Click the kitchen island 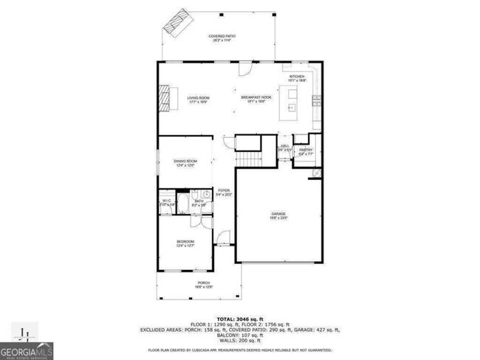292,102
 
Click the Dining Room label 185,163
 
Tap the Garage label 278,215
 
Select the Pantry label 306,152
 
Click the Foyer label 224,193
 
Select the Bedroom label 185,243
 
